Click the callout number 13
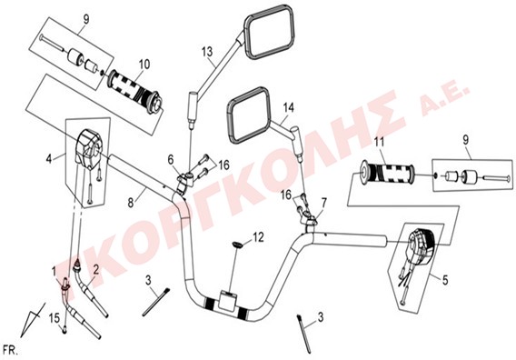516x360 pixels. pyautogui.click(x=207, y=52)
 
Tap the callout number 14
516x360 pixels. pyautogui.click(x=288, y=107)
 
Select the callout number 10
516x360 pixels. pyautogui.click(x=144, y=65)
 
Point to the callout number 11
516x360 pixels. pyautogui.click(x=379, y=143)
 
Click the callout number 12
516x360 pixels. pyautogui.click(x=258, y=237)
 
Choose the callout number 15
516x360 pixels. pyautogui.click(x=55, y=318)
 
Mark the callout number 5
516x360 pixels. pyautogui.click(x=445, y=281)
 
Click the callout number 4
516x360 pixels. pyautogui.click(x=49, y=159)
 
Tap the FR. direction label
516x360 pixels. pyautogui.click(x=10, y=350)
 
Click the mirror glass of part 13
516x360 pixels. pyautogui.click(x=269, y=32)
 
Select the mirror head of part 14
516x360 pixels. pyautogui.click(x=248, y=115)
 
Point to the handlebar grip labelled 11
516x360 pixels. pyautogui.click(x=386, y=174)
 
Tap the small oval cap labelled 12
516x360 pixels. pyautogui.click(x=237, y=245)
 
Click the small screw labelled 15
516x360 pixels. pyautogui.click(x=64, y=328)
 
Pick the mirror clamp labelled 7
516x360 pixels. pyautogui.click(x=310, y=222)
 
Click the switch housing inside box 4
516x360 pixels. pyautogui.click(x=88, y=146)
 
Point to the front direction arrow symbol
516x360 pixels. pyautogui.click(x=33, y=319)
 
